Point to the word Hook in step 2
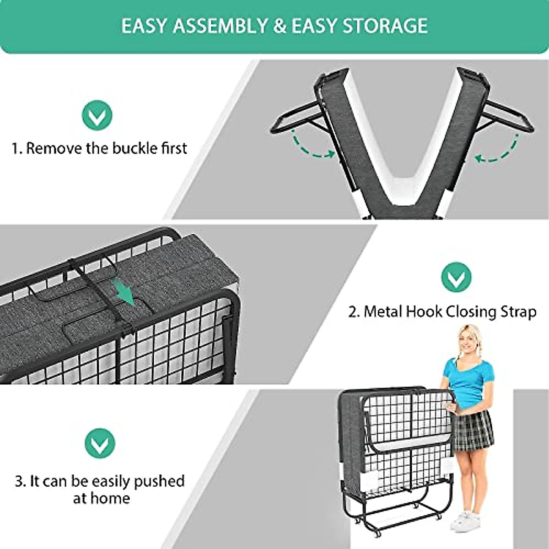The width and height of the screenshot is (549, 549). tap(421, 312)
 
